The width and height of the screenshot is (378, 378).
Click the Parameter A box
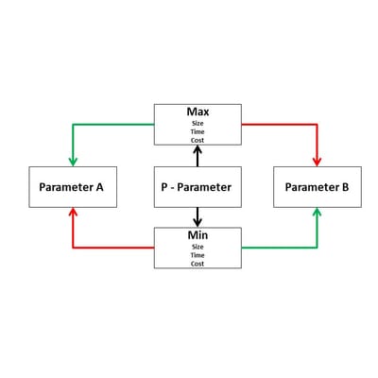pyautogui.click(x=73, y=187)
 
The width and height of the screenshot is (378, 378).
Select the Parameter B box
pyautogui.click(x=318, y=187)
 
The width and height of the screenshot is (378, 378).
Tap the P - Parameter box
pyautogui.click(x=198, y=187)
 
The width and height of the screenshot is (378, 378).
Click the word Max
pyautogui.click(x=198, y=112)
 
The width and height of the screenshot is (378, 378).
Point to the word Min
pyautogui.click(x=198, y=235)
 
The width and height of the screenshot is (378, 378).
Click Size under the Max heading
pyautogui.click(x=198, y=123)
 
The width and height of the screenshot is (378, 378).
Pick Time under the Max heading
pyautogui.click(x=198, y=131)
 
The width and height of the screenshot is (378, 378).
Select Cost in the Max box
pyautogui.click(x=198, y=140)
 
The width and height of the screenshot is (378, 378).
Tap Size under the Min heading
pyautogui.click(x=198, y=247)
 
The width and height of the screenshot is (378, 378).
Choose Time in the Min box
pyautogui.click(x=198, y=255)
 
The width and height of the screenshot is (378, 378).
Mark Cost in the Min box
pyautogui.click(x=198, y=264)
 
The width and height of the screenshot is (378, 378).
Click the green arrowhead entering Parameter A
pyautogui.click(x=73, y=162)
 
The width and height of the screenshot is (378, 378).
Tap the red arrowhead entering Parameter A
pyautogui.click(x=73, y=213)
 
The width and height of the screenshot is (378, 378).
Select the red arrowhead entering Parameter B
pyautogui.click(x=318, y=162)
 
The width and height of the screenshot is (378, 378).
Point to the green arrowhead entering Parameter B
pyautogui.click(x=318, y=213)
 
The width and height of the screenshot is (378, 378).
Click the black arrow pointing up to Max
pyautogui.click(x=198, y=156)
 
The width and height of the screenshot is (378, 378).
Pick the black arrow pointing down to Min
pyautogui.click(x=198, y=217)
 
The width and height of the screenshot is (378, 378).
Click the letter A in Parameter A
pyautogui.click(x=99, y=187)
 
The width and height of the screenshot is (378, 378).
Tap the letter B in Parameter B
pyautogui.click(x=345, y=187)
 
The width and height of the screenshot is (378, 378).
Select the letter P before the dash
pyautogui.click(x=164, y=187)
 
